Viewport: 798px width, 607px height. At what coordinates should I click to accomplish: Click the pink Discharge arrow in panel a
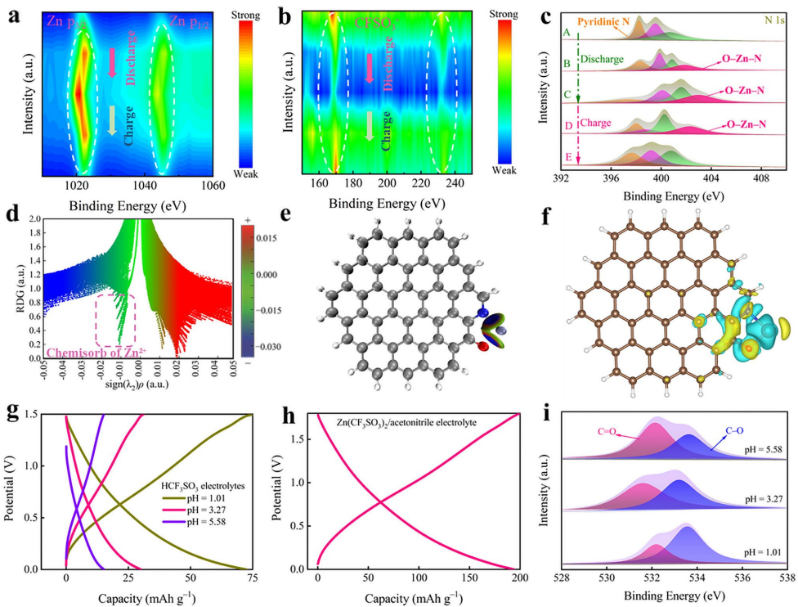tap(112, 62)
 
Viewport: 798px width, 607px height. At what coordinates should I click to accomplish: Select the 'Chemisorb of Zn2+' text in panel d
tap(90, 353)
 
